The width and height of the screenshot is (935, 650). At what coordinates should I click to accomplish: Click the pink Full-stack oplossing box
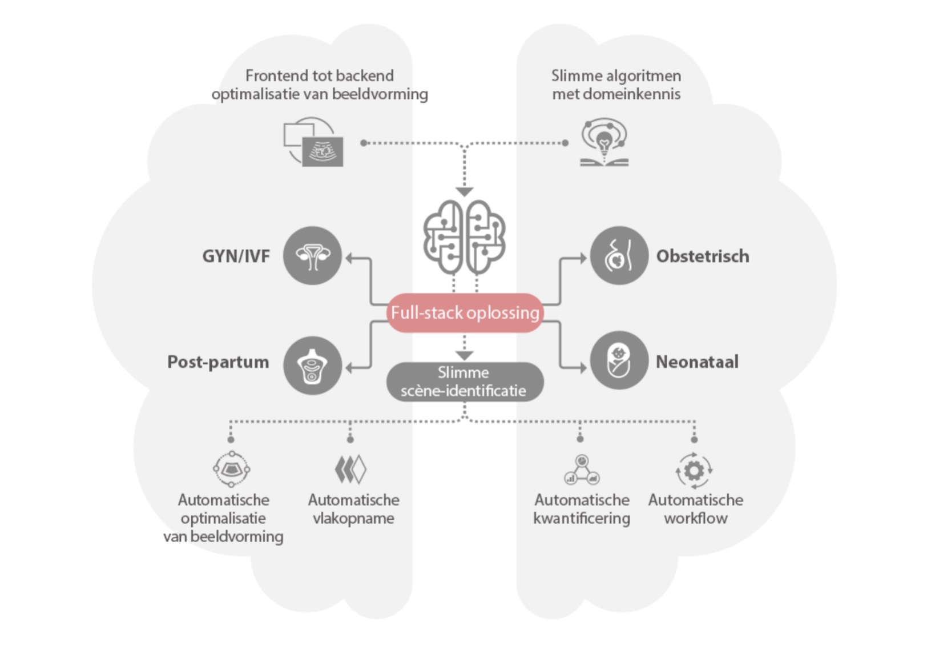pyautogui.click(x=465, y=312)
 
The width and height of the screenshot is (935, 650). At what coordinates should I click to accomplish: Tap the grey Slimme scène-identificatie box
pyautogui.click(x=465, y=382)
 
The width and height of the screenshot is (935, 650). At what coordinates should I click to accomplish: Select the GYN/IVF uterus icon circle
pyautogui.click(x=312, y=256)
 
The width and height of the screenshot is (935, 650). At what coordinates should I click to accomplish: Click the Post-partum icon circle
pyautogui.click(x=312, y=366)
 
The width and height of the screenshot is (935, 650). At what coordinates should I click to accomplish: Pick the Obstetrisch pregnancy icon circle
pyautogui.click(x=619, y=255)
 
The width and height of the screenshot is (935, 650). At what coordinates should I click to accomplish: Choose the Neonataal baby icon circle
pyautogui.click(x=619, y=360)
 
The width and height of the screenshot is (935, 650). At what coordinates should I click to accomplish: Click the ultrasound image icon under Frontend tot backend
pyautogui.click(x=313, y=143)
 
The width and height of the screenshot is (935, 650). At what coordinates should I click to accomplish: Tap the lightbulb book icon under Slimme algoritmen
pyautogui.click(x=604, y=143)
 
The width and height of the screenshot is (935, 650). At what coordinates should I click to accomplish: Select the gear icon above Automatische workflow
pyautogui.click(x=694, y=471)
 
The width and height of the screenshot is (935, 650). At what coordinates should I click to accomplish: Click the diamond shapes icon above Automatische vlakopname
pyautogui.click(x=350, y=470)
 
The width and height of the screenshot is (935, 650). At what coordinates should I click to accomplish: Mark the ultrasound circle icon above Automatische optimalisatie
pyautogui.click(x=231, y=470)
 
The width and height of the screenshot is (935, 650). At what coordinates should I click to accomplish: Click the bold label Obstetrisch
pyautogui.click(x=703, y=256)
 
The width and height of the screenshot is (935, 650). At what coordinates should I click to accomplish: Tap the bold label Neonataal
pyautogui.click(x=697, y=362)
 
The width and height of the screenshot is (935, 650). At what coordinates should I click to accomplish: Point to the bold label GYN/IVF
pyautogui.click(x=236, y=256)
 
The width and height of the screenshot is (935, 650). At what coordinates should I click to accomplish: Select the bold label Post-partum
pyautogui.click(x=218, y=362)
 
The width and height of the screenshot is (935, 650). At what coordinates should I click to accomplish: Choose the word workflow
pyautogui.click(x=696, y=519)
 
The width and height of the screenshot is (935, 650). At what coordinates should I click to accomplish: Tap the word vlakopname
pyautogui.click(x=353, y=519)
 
